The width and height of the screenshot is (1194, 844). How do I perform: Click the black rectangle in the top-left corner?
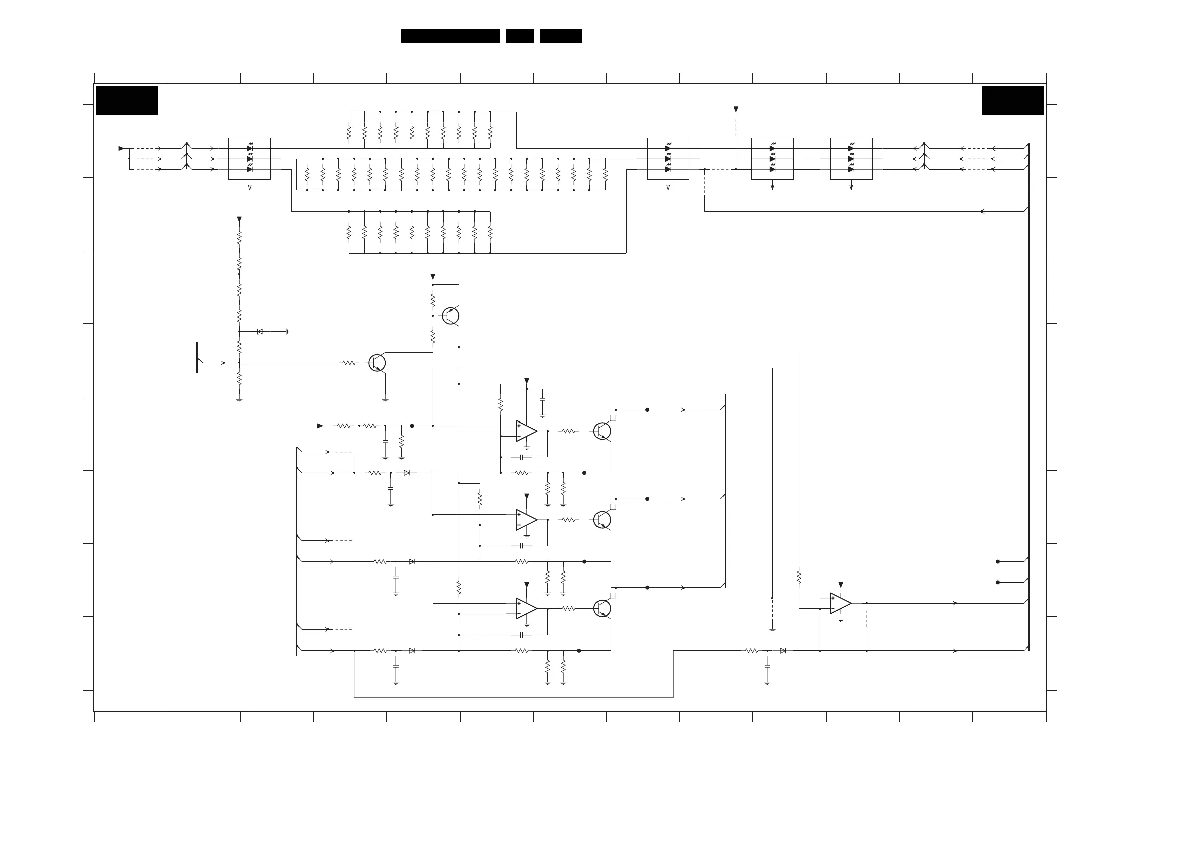click(x=126, y=100)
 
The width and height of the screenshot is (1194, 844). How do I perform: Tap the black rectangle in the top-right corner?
click(x=1013, y=100)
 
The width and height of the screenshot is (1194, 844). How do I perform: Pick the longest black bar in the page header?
click(x=450, y=36)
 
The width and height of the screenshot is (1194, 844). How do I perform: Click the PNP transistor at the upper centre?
click(x=450, y=316)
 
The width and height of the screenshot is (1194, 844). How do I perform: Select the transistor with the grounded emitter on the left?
click(x=377, y=363)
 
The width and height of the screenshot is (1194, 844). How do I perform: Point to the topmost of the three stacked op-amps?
click(x=526, y=431)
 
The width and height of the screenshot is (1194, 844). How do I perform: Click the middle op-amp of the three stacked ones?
click(x=526, y=520)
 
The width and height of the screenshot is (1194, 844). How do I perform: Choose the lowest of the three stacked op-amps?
click(x=526, y=608)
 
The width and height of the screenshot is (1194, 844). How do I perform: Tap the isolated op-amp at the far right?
click(x=840, y=603)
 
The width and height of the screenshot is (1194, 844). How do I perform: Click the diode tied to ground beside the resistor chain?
click(x=260, y=331)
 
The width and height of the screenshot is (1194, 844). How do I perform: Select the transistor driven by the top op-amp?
click(x=602, y=431)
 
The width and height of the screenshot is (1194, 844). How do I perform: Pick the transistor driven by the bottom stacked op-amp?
click(x=602, y=608)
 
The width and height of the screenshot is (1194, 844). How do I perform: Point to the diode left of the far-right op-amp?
click(x=782, y=650)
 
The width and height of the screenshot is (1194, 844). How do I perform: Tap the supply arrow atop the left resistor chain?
click(x=239, y=219)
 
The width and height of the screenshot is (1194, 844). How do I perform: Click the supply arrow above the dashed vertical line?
click(x=736, y=109)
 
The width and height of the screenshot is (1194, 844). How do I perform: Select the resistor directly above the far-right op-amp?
click(x=799, y=577)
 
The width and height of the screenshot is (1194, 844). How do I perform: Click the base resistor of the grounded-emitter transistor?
click(x=349, y=363)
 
